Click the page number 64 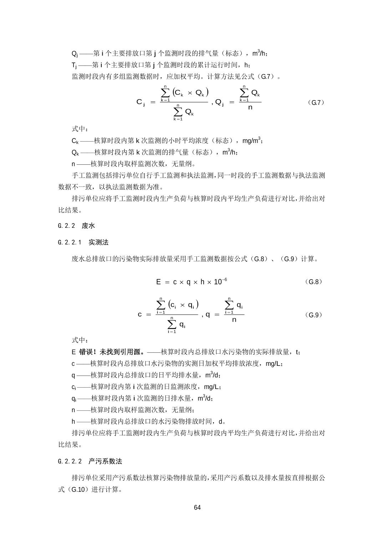point(198,507)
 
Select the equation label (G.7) point(315,103)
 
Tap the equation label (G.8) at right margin point(314,282)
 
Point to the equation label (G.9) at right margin point(314,315)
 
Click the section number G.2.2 point(66,226)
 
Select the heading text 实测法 point(98,242)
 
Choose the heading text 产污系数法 point(105,461)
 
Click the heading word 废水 point(88,226)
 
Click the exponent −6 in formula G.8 point(224,280)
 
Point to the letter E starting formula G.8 point(158,282)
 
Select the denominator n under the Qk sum point(250,107)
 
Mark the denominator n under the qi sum point(234,320)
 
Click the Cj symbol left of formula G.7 point(141,102)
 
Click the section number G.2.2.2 point(70,461)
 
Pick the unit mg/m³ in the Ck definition point(252,140)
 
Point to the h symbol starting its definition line point(73,421)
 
